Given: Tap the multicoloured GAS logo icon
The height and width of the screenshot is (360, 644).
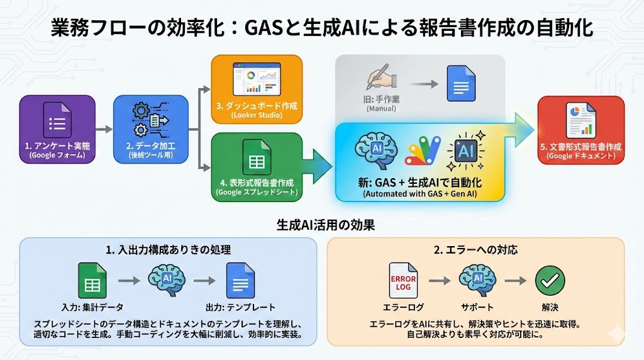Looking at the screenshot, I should pos(424,151).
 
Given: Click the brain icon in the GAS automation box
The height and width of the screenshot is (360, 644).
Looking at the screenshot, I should pos(374,149).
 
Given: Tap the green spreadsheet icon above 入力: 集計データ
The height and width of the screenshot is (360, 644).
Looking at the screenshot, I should pos(92,280).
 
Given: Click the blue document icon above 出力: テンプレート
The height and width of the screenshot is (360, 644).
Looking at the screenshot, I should pos(240,280).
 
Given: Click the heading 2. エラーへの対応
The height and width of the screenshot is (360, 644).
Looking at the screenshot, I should pos(475,249).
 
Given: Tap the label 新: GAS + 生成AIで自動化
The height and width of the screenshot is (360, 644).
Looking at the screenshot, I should pos(420,182).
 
